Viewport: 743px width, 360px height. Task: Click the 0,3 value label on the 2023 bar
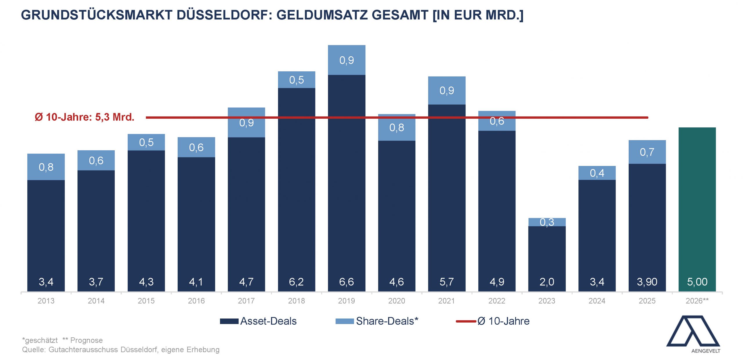coord(547,222)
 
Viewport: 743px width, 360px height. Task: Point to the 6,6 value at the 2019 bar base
coord(347,282)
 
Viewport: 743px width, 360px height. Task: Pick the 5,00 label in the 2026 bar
coord(697,282)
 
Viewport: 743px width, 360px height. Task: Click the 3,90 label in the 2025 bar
coord(647,282)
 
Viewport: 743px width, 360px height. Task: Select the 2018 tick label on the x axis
coord(296,301)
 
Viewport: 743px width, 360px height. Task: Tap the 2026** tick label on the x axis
coord(697,301)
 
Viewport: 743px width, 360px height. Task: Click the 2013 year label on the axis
coord(46,301)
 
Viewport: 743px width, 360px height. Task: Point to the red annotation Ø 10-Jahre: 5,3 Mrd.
coord(84,117)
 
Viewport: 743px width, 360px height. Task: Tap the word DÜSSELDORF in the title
coord(223,15)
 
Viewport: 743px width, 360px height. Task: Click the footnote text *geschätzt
coord(40,340)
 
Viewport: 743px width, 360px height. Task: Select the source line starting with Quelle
coord(121,350)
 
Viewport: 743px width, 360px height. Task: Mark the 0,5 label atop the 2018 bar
coord(296,80)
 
